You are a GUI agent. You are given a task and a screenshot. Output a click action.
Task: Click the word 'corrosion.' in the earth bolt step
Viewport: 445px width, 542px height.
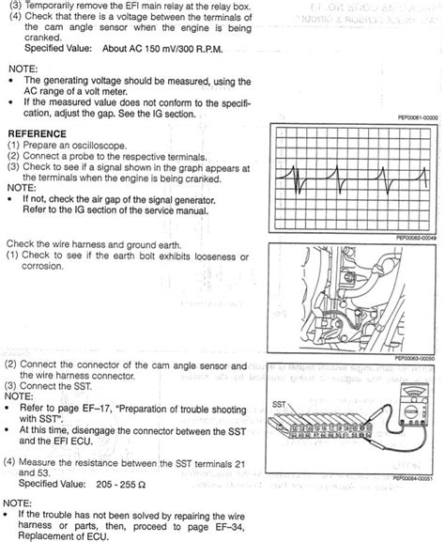point(42,267)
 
